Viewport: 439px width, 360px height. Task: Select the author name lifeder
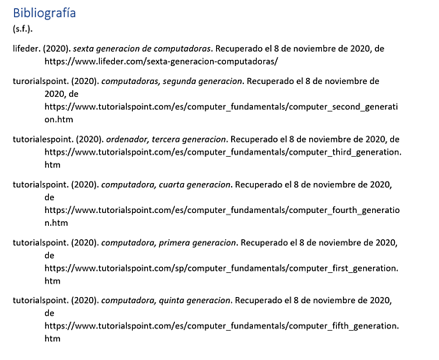click(x=28, y=48)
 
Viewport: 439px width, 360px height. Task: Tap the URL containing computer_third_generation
click(x=222, y=151)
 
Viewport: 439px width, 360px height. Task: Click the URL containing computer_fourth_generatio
click(x=222, y=211)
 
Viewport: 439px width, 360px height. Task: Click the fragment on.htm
click(x=60, y=119)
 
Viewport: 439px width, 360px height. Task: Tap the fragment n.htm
click(x=56, y=223)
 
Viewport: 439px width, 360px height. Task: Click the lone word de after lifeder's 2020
click(x=380, y=48)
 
